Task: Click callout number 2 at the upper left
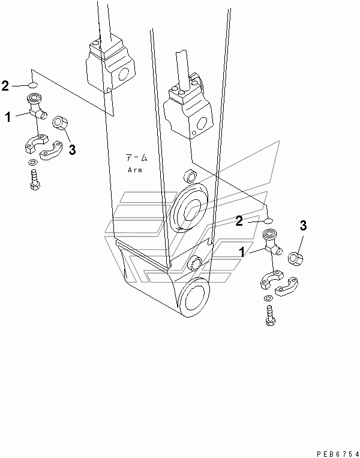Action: [x=5, y=86]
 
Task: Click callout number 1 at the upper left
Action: [x=8, y=118]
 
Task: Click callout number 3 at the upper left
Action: [x=72, y=150]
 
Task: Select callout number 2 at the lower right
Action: [x=239, y=221]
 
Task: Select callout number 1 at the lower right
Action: [x=242, y=252]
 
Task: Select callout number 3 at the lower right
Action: [x=304, y=226]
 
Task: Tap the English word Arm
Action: [x=135, y=170]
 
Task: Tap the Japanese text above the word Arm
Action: [x=136, y=158]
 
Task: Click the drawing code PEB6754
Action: [x=338, y=454]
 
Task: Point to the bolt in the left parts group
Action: [x=35, y=180]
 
